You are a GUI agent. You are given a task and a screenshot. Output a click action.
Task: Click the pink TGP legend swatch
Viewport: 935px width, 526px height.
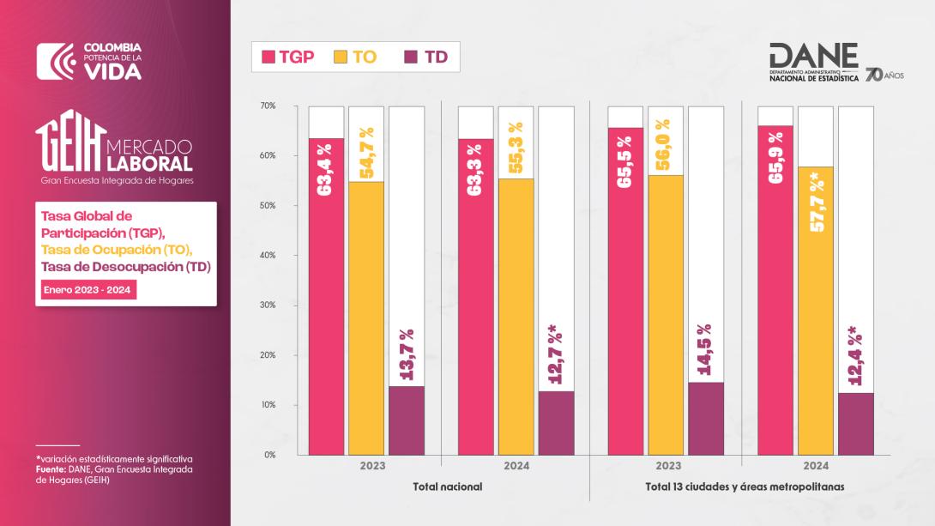(268, 57)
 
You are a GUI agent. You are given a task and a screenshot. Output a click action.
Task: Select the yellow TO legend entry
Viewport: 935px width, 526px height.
(353, 57)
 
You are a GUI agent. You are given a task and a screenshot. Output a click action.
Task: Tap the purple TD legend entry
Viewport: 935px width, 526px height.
(425, 57)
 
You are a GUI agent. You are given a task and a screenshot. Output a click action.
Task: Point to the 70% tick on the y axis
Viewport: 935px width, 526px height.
(267, 106)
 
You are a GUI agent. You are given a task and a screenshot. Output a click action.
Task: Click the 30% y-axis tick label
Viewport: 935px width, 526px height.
(267, 305)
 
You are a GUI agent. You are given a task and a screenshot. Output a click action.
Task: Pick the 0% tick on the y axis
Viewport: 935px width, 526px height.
(269, 455)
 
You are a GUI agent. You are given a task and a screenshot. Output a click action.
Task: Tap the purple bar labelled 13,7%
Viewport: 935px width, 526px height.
(406, 420)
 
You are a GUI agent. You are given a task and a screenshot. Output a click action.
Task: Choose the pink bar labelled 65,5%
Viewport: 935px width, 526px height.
(625, 292)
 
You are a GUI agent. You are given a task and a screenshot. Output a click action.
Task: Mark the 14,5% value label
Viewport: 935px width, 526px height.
(705, 353)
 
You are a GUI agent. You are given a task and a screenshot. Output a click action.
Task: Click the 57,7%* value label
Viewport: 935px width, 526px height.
(816, 203)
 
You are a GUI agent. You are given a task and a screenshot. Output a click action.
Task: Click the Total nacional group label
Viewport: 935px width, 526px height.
(448, 487)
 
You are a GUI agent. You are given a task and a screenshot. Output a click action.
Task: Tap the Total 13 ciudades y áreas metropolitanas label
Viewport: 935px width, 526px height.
(745, 487)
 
